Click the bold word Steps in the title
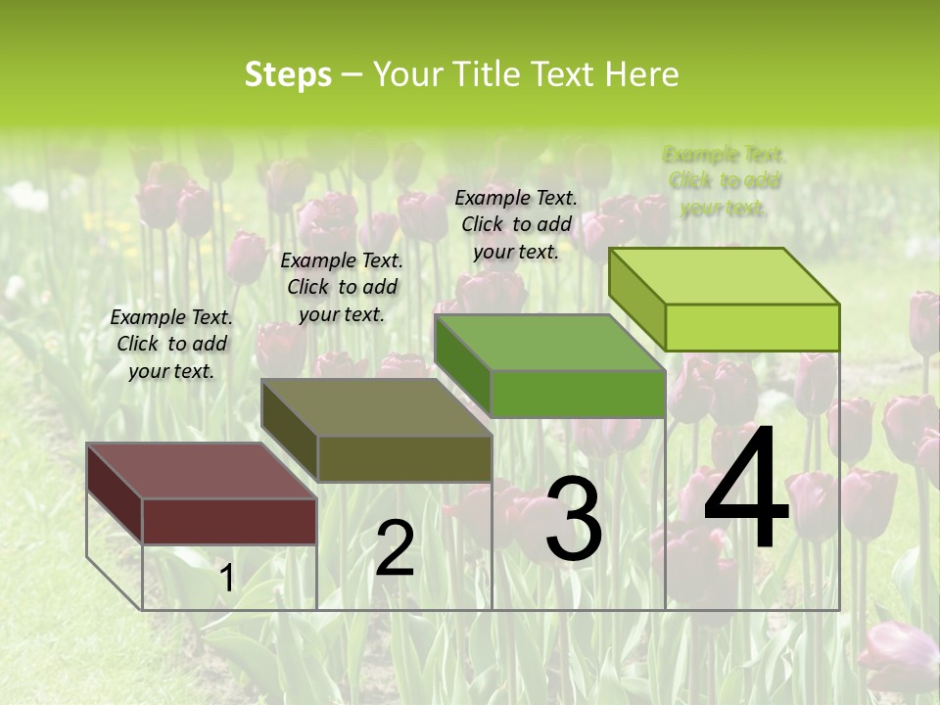(x=288, y=74)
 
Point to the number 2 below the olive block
(x=395, y=548)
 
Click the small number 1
(x=226, y=579)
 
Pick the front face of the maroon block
(x=229, y=521)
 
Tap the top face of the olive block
(x=376, y=406)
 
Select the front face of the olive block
(x=403, y=458)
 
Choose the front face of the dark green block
(x=578, y=394)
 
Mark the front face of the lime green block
(x=752, y=327)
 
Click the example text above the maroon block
(x=171, y=344)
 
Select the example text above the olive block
(x=342, y=287)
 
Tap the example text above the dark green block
(x=516, y=224)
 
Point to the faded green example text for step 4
(x=725, y=181)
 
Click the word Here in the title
(x=641, y=74)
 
